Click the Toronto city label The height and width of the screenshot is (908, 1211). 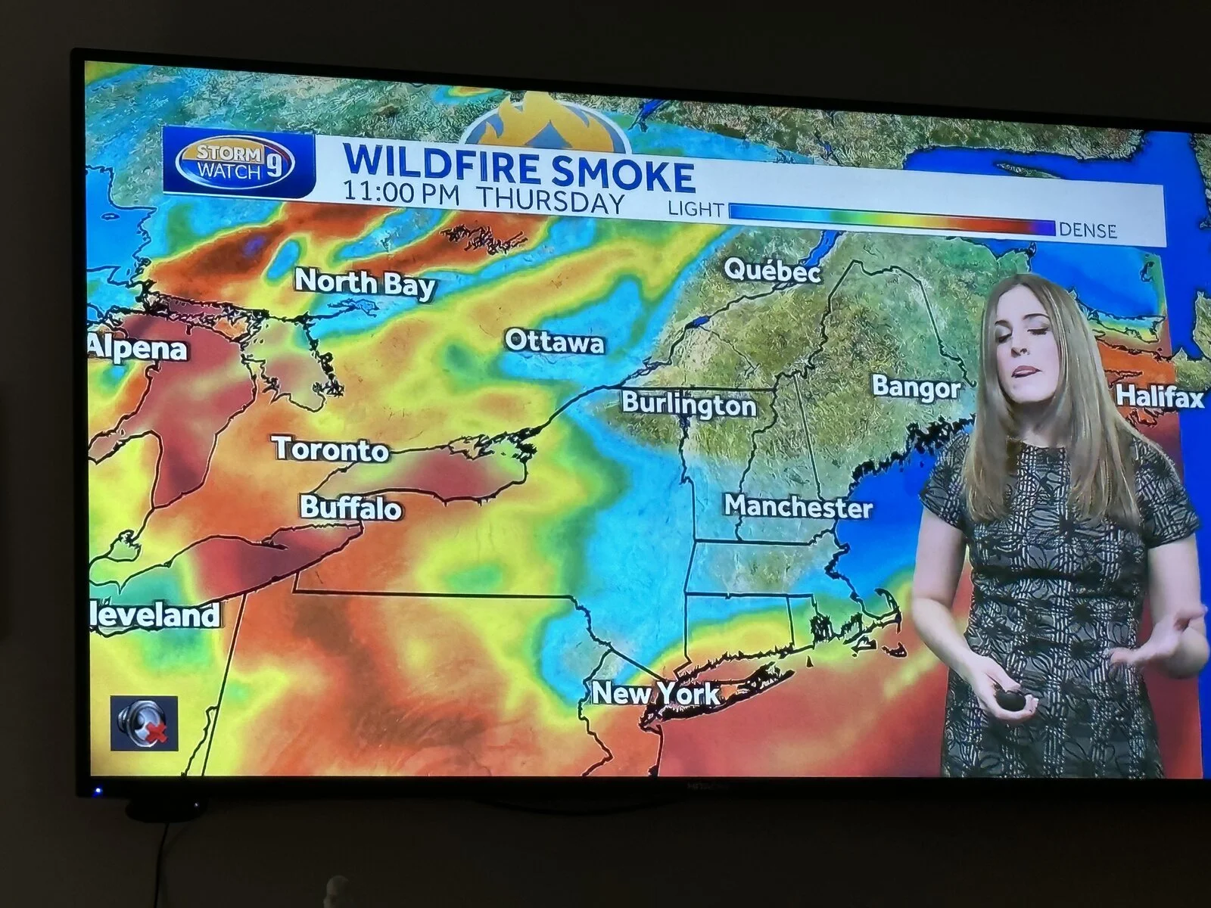pos(331,449)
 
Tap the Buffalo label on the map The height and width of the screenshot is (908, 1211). pos(350,507)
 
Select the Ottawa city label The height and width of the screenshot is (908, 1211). pos(555,342)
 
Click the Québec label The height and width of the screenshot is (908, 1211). pos(772,269)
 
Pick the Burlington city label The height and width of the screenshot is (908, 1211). pos(689,404)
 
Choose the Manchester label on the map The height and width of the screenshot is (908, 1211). pos(798,505)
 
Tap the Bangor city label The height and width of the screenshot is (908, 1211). pos(916,387)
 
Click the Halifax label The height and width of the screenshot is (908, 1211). pos(1159,396)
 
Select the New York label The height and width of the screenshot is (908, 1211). pos(655,692)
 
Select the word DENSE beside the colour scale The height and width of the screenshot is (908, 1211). pos(1088,229)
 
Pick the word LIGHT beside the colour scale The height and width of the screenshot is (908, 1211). pos(696,209)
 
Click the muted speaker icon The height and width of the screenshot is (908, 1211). pos(144,723)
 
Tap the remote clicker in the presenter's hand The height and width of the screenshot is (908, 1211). pos(1011,698)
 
